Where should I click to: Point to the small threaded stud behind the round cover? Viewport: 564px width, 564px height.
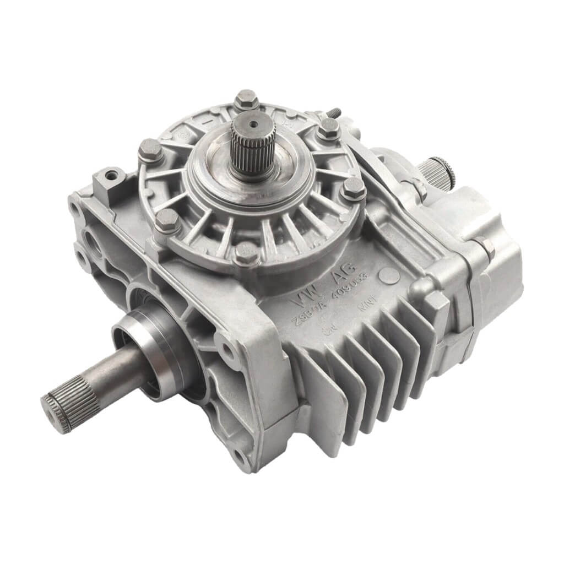point(333,113)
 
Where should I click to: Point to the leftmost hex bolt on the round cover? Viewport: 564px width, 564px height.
point(150,150)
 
